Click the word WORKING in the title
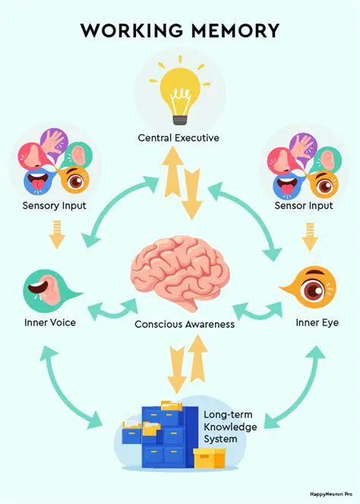[130, 31]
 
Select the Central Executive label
[178, 138]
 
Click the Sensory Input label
[54, 206]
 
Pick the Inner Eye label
[317, 323]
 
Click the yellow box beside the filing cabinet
[210, 458]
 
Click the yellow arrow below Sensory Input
[55, 235]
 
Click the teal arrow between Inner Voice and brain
[112, 309]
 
